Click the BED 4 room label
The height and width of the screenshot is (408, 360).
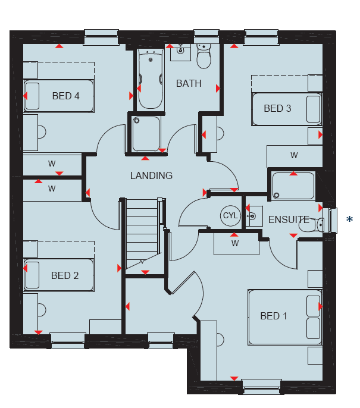tap(65, 96)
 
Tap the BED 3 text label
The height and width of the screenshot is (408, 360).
tap(277, 108)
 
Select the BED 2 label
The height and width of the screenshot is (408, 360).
tap(65, 275)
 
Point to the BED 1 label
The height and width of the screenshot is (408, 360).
tap(274, 316)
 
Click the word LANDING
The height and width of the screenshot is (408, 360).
tap(151, 175)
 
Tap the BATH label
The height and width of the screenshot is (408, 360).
tap(189, 83)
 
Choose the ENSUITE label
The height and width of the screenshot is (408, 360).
tap(289, 220)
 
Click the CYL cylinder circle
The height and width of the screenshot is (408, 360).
tap(230, 215)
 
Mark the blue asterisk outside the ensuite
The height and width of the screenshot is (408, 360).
tap(350, 219)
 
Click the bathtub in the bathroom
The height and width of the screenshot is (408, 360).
tap(151, 79)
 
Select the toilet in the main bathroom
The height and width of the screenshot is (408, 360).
tap(204, 56)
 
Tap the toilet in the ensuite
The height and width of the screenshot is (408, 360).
tap(312, 225)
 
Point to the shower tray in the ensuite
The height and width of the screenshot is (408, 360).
tap(293, 186)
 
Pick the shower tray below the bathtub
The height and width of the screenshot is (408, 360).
tap(146, 134)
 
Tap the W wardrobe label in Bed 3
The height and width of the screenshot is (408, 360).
tap(294, 156)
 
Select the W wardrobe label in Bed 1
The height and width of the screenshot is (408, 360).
tap(235, 244)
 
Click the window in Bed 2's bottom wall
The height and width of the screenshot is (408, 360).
tap(68, 340)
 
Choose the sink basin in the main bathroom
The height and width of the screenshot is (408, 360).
tap(180, 52)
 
